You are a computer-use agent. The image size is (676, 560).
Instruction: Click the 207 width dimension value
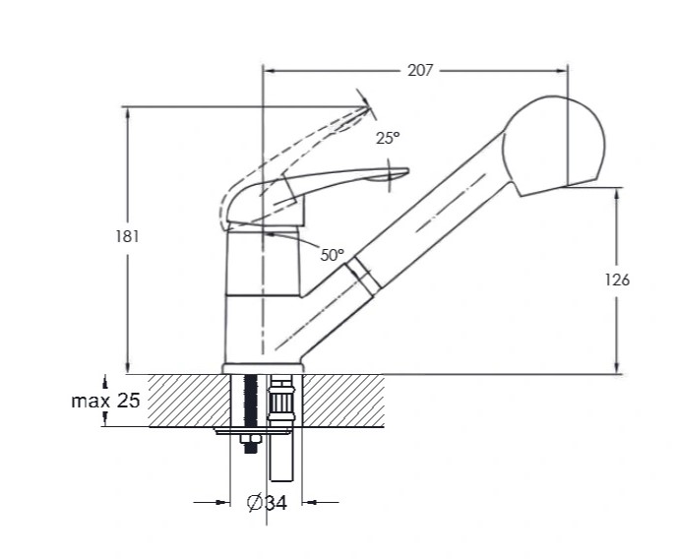[x=420, y=70]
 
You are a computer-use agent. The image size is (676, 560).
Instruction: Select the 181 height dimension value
[x=127, y=236]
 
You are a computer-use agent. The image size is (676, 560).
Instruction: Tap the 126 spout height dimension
[x=617, y=280]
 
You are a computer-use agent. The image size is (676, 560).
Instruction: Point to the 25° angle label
[x=388, y=138]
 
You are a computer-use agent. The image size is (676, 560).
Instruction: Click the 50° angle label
[x=333, y=255]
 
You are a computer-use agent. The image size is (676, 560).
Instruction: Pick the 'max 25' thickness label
[x=105, y=401]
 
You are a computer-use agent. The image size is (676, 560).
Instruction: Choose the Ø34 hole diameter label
[x=267, y=502]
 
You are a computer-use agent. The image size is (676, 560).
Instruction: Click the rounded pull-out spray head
[x=554, y=146]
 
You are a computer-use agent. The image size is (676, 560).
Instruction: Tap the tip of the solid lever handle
[x=407, y=171]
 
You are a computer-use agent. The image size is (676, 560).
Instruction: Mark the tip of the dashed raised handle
[x=369, y=108]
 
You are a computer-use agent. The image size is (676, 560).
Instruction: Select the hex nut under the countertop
[x=251, y=439]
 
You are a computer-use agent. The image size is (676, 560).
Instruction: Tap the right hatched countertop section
[x=343, y=401]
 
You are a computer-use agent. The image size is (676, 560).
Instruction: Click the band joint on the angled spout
[x=362, y=277]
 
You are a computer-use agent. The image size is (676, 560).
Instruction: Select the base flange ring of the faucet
[x=263, y=369]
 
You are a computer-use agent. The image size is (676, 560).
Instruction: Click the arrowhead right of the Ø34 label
[x=309, y=502]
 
